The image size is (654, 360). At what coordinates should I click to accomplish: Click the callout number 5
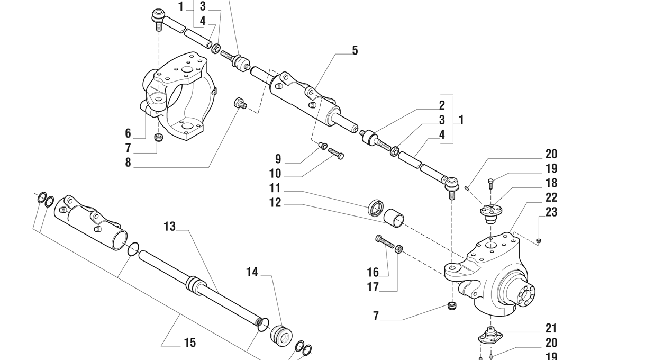[355, 51]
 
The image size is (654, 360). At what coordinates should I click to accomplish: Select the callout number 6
[128, 133]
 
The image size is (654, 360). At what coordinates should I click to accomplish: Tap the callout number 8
[128, 163]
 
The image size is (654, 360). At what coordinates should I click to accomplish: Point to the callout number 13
[169, 227]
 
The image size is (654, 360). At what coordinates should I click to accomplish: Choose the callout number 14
[252, 273]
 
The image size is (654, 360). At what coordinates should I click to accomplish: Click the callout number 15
[189, 343]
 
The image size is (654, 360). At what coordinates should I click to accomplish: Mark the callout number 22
[551, 197]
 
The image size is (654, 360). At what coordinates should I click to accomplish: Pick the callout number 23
[551, 212]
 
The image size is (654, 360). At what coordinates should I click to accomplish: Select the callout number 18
[551, 183]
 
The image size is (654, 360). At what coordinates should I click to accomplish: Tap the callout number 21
[551, 329]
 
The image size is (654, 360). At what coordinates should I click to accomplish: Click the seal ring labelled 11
[376, 208]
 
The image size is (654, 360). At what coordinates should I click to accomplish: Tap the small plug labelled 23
[539, 241]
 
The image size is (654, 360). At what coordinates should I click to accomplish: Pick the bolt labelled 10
[336, 154]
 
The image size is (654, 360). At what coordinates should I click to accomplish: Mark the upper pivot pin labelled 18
[490, 210]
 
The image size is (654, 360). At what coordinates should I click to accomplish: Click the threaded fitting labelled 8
[241, 103]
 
